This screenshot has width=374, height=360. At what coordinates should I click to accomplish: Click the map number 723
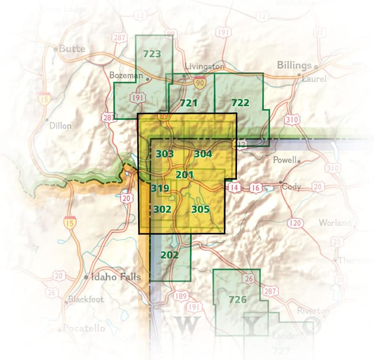152,54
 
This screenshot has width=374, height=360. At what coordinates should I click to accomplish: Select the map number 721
189,103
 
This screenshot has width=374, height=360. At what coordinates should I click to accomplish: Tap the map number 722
240,103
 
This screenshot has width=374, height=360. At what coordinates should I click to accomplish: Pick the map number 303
165,154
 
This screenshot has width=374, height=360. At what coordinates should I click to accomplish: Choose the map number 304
203,154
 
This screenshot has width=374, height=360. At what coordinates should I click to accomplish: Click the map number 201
185,175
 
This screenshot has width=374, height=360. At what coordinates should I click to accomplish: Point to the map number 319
160,189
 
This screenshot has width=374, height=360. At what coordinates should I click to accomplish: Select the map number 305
201,210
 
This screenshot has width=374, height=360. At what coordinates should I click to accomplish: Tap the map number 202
170,255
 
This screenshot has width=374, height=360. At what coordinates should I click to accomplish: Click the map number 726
238,300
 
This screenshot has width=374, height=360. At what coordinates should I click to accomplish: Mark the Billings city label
294,65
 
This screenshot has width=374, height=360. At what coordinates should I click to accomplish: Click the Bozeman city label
126,75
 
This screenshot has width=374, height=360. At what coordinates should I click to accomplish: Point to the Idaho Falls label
115,277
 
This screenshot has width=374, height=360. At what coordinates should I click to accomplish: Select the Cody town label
291,186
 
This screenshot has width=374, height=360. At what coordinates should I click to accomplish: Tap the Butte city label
72,49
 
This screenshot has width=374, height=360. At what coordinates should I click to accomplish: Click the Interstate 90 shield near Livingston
200,83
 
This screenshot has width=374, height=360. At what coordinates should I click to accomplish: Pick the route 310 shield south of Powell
333,168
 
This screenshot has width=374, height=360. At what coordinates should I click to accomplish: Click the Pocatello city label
84,328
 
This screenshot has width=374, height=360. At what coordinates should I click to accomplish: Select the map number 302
163,210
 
